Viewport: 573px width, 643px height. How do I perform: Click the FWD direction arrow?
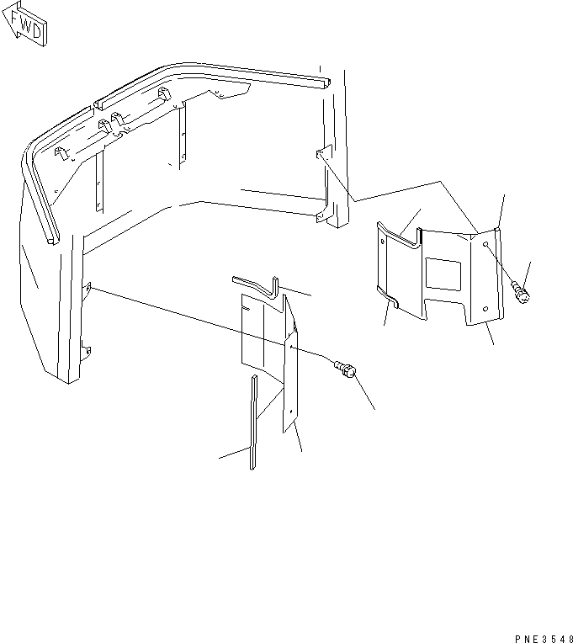[25, 26]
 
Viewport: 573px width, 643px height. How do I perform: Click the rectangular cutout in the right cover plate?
[443, 275]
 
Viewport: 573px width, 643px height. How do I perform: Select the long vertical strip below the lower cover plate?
[252, 421]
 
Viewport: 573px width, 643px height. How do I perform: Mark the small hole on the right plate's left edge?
[385, 242]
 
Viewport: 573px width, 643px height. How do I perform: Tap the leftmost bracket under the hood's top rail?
[61, 153]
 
